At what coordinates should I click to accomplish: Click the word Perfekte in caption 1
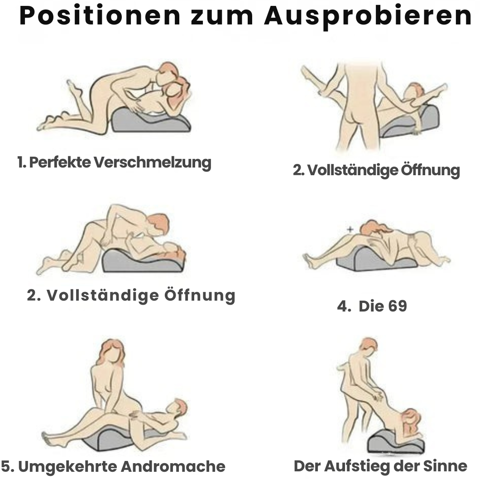(60, 162)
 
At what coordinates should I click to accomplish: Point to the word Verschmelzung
(153, 162)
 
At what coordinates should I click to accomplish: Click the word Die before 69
(370, 306)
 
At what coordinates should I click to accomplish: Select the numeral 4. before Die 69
(344, 306)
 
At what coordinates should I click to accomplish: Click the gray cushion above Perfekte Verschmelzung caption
(152, 122)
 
